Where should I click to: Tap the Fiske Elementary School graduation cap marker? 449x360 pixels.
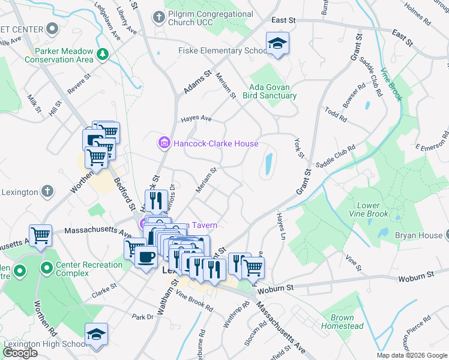tap(278, 44)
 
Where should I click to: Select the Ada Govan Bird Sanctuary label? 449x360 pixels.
tap(273, 91)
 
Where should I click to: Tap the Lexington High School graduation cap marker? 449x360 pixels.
tap(96, 334)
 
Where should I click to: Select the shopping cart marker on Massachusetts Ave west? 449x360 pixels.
tap(41, 235)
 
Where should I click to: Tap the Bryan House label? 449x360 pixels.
tap(418, 236)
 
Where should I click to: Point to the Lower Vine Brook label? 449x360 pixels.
tap(369, 209)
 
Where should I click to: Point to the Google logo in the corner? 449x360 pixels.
tap(20, 353)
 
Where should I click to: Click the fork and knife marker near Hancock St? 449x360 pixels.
tap(155, 200)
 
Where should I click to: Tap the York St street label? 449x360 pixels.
tap(300, 148)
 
